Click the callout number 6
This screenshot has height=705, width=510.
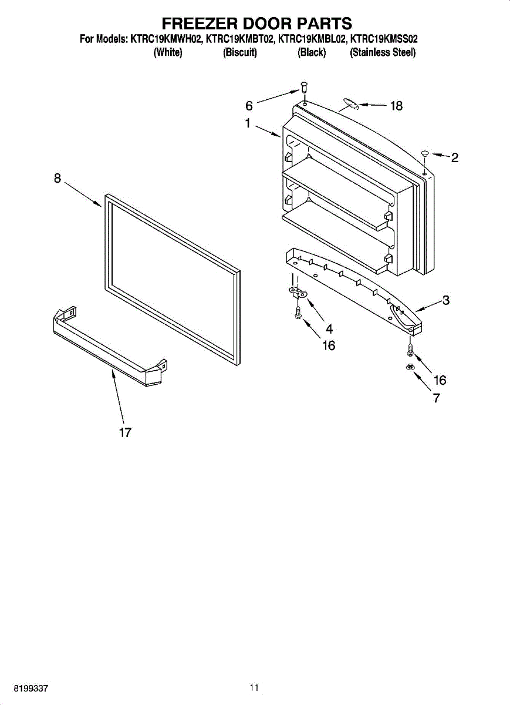tap(249, 106)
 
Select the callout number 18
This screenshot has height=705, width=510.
tap(397, 106)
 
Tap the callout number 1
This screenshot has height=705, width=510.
tap(248, 124)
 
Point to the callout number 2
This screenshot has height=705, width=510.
tap(454, 157)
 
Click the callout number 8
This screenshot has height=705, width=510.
tap(58, 178)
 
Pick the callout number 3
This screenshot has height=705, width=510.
tap(446, 300)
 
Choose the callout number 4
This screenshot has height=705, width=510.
tap(329, 330)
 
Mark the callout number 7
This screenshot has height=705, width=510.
tap(437, 398)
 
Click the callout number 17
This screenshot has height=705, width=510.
tap(125, 433)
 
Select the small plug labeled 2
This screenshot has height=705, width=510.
tap(425, 153)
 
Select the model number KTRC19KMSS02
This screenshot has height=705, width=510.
tap(384, 40)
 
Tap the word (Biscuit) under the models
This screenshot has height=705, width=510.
tap(240, 53)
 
